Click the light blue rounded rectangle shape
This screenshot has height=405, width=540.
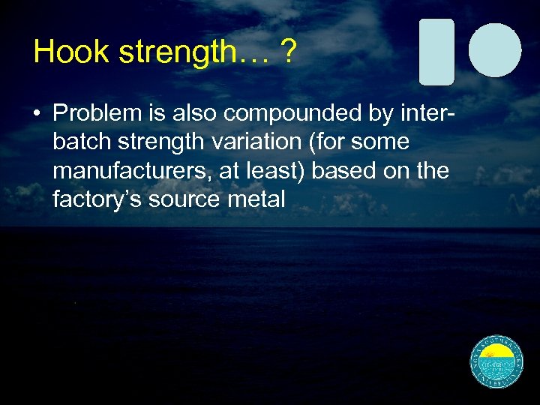click(x=436, y=52)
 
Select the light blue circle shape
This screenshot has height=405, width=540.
click(x=495, y=49)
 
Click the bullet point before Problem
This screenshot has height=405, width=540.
click(x=36, y=113)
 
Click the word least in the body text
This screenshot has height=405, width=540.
click(x=273, y=170)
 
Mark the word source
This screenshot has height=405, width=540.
click(x=180, y=199)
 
